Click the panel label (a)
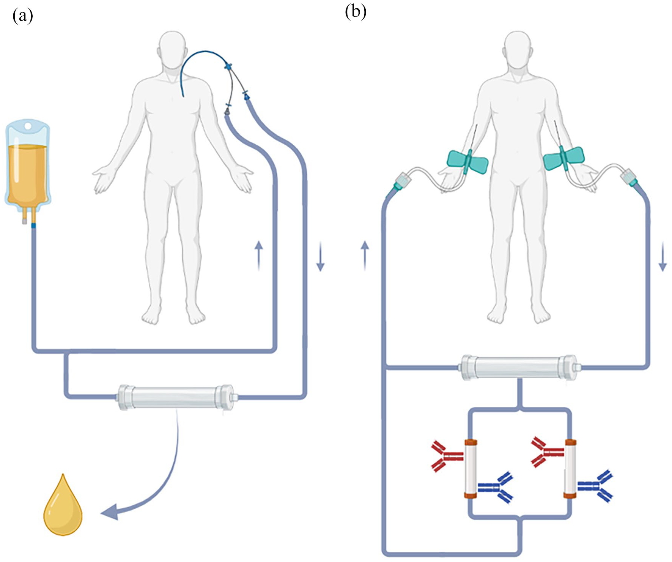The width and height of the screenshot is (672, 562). (x=23, y=16)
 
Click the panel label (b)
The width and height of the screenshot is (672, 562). (x=356, y=12)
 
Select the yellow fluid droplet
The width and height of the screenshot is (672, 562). (x=63, y=505)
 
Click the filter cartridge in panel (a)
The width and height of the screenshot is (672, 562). (x=176, y=397)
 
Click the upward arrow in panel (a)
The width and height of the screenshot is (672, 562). (x=259, y=255)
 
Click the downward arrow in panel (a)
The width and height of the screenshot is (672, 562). (x=320, y=257)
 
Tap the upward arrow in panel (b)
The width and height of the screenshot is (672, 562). (x=365, y=255)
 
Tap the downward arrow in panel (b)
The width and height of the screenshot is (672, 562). (x=663, y=257)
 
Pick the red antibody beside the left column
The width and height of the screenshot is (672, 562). (x=447, y=456)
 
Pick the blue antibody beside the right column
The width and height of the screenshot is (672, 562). (x=595, y=486)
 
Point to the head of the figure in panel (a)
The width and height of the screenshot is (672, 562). (x=173, y=49)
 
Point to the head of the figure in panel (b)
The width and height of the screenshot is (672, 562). (x=518, y=49)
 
